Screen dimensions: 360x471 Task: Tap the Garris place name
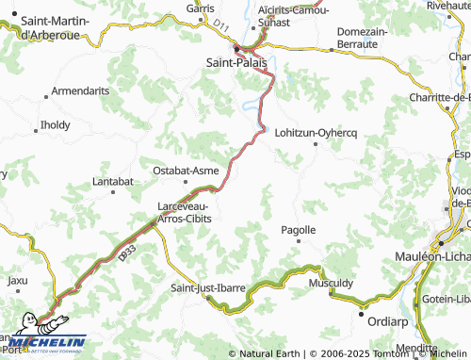[201, 8]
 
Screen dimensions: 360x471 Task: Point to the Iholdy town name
[55, 124]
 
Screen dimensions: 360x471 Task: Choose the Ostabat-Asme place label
[186, 171]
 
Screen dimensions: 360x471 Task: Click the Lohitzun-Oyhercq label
[317, 133]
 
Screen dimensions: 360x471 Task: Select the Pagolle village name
[299, 230]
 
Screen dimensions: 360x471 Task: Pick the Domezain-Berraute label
[362, 38]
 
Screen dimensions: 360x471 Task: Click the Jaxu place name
[18, 280]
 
